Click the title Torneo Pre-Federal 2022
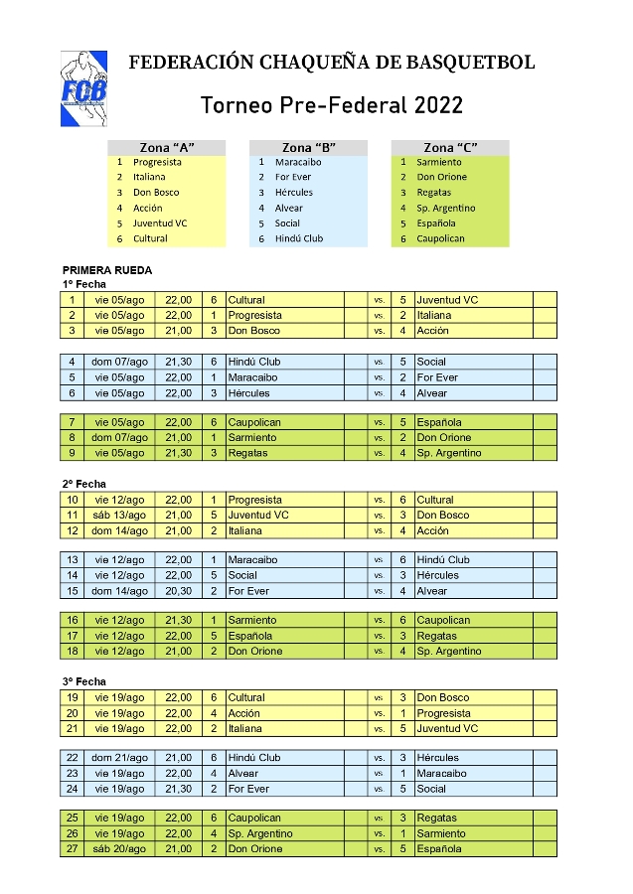[x=331, y=105]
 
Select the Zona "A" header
[x=167, y=147]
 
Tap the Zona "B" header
[x=308, y=147]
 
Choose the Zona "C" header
[x=449, y=147]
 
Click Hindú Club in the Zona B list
[x=299, y=238]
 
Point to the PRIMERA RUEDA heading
[x=106, y=269]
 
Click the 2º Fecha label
[x=83, y=484]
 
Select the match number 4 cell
[x=72, y=362]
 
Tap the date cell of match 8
[x=119, y=437]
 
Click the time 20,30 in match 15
[x=179, y=591]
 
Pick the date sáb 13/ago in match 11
[x=119, y=516]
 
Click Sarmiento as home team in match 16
[x=252, y=620]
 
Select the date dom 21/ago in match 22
[x=119, y=758]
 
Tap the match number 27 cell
[x=72, y=849]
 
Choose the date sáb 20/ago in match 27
[x=119, y=849]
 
